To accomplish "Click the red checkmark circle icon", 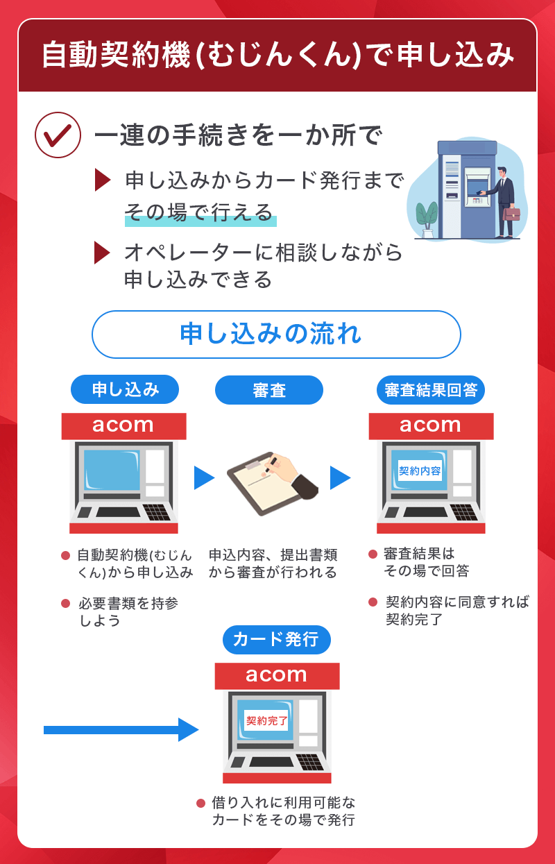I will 58,135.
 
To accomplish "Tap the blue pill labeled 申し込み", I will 125,390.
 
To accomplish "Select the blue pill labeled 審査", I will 269,390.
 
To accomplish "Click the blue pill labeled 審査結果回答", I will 431,390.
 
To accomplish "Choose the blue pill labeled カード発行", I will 276,639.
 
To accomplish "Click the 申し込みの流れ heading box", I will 276,334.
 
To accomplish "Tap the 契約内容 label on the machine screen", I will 420,471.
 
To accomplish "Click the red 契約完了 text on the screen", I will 267,721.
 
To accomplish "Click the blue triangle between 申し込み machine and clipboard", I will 203,477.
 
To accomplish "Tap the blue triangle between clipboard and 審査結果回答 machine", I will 339,477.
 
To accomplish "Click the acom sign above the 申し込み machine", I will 123,425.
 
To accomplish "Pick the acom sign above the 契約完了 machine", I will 276,675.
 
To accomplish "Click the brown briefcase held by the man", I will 511,212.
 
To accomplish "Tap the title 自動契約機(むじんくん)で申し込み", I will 277,56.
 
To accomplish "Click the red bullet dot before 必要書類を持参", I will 66,603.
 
